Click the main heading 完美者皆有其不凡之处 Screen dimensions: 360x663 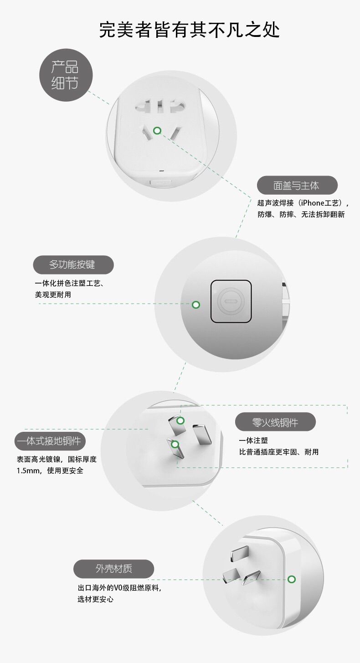(x=189, y=30)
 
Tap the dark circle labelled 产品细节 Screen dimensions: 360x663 (x=66, y=75)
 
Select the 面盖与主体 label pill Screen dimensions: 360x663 (x=297, y=185)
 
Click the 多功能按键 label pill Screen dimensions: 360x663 (x=73, y=264)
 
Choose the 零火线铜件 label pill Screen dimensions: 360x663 (x=275, y=422)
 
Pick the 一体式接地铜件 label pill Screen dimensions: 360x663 (x=50, y=441)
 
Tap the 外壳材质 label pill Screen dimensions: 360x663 (x=113, y=569)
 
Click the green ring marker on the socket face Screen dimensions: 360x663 (x=157, y=130)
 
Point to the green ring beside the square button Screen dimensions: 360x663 (x=196, y=305)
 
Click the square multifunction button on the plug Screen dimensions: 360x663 (x=231, y=301)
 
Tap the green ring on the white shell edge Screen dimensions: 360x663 (x=292, y=579)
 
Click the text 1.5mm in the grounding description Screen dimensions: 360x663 (x=28, y=471)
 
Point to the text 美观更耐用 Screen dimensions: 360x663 (x=53, y=295)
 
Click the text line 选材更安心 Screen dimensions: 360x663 (x=95, y=599)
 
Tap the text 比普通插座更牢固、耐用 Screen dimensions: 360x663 (x=279, y=452)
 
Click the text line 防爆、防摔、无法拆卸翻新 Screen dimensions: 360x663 (x=301, y=214)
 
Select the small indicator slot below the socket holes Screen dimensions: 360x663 (x=161, y=171)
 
